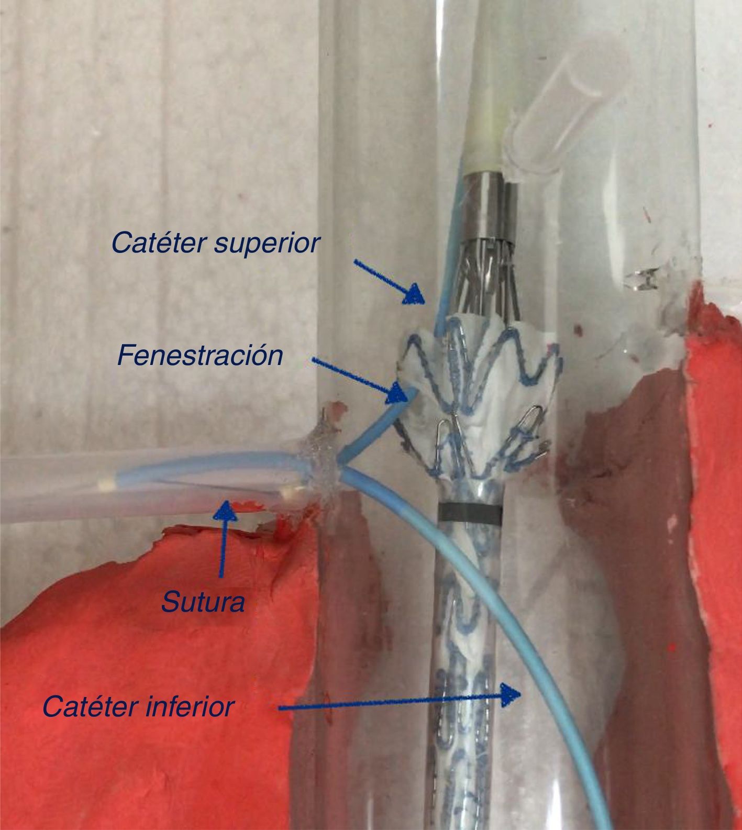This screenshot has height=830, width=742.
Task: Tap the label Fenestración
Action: pos(200,356)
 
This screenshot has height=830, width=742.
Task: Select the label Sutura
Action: pos(203,602)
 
